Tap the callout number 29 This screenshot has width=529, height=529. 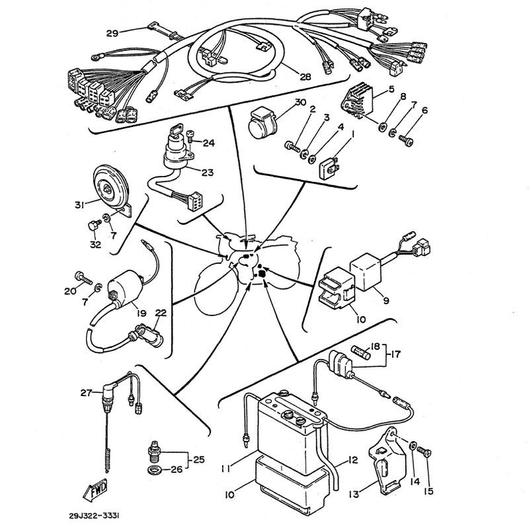112,32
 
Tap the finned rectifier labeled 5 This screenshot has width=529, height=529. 359,102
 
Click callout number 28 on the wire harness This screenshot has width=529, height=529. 305,76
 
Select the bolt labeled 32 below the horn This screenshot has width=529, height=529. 93,227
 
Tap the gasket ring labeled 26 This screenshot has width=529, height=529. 154,471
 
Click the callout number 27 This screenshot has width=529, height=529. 85,393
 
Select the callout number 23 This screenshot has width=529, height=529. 208,173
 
